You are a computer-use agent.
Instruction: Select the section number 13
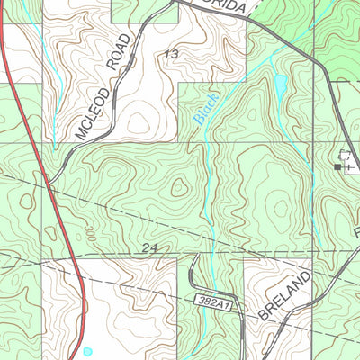point(171,55)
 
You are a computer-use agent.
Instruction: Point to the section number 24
point(149,246)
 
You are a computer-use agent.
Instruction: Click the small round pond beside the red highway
point(87,351)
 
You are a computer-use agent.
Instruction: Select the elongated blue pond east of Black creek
point(281,85)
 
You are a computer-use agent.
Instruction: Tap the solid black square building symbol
point(338,166)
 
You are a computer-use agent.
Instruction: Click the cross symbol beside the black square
point(347,166)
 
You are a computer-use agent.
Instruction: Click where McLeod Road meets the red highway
point(46,185)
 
